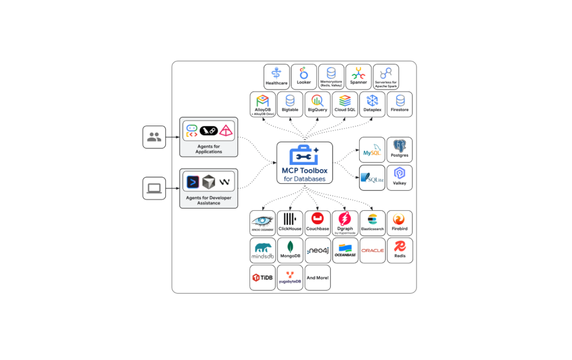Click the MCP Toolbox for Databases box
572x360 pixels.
pos(304,162)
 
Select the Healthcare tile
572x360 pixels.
pos(276,77)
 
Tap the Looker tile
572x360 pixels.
pos(304,77)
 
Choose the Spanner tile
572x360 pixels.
pos(358,77)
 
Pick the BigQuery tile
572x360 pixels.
pos(318,104)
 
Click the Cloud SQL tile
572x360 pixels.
pos(345,104)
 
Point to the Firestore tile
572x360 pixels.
pos(400,104)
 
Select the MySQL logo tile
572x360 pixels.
pos(372,150)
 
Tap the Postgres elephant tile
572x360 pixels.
pos(400,150)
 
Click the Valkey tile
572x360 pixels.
pos(400,177)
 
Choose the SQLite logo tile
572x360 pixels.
pos(372,177)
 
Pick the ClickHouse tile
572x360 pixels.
pos(290,223)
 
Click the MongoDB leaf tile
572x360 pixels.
pos(290,251)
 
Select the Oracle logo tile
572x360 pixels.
pos(372,251)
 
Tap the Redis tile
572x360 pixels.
pos(400,251)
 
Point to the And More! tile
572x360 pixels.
pos(318,278)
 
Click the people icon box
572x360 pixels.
pos(154,137)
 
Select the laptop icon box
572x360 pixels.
pos(154,188)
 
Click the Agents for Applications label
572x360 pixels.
pos(209,149)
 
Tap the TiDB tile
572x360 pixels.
pos(262,278)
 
